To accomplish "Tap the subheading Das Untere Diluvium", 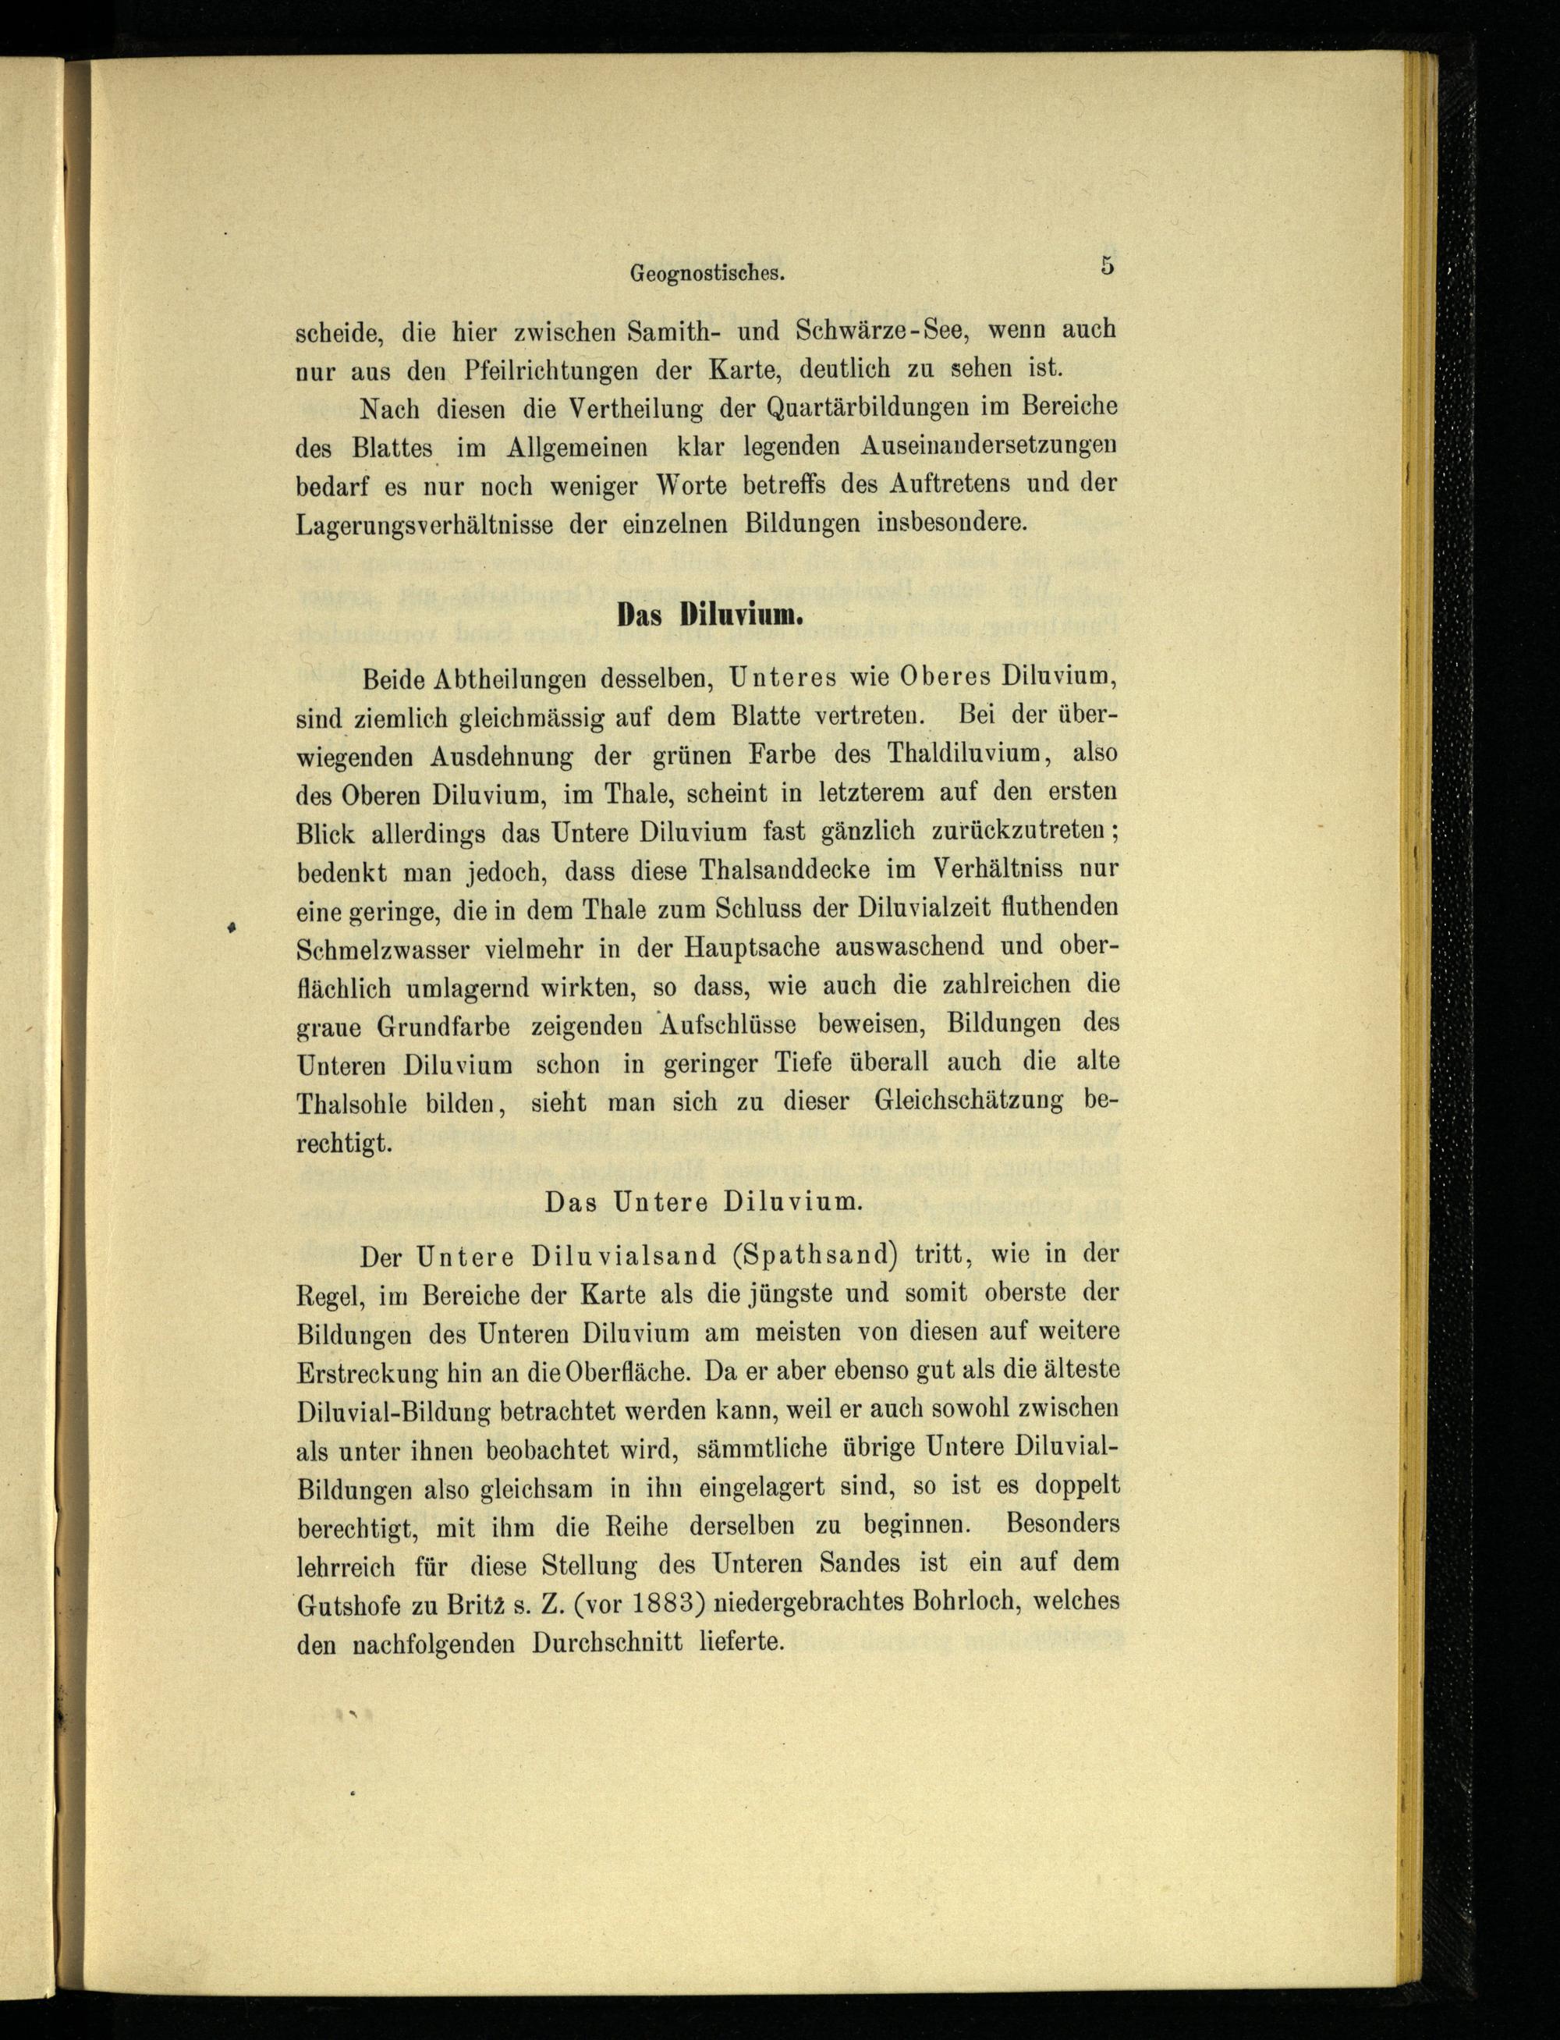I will coord(704,1201).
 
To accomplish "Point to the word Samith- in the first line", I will coord(671,330).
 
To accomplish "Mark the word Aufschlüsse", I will coord(727,1024).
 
